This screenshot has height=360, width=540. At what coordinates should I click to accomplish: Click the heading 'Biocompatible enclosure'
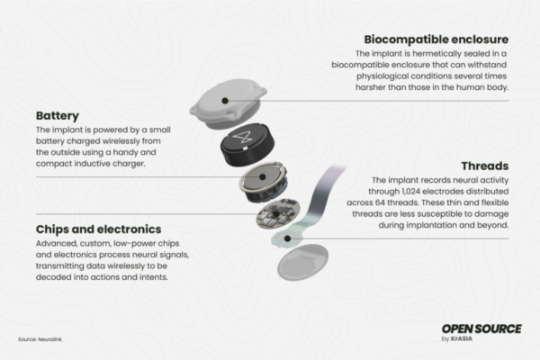click(x=436, y=40)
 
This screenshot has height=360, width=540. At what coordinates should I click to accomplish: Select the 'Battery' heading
click(x=58, y=116)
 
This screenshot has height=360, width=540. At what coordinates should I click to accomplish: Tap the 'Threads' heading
click(x=486, y=166)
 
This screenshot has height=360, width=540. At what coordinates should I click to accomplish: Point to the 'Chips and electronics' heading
click(x=99, y=229)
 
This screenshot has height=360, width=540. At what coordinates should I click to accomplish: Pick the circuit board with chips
click(x=275, y=217)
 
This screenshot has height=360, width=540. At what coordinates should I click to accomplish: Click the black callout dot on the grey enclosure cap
click(x=225, y=100)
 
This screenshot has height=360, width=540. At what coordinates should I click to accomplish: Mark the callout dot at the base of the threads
click(x=287, y=238)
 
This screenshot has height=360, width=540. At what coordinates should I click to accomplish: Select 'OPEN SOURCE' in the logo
click(x=481, y=328)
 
